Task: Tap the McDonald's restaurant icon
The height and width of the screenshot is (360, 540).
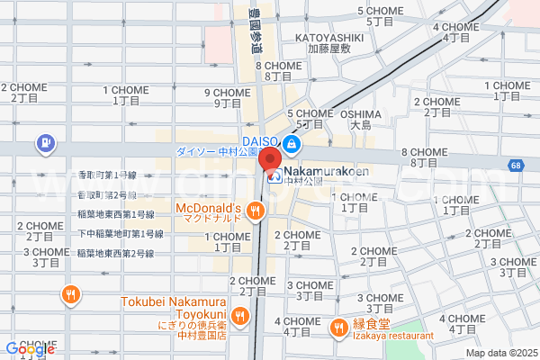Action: [256, 211]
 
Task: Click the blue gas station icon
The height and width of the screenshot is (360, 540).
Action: [43, 142]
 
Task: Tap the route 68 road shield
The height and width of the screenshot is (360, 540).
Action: [514, 166]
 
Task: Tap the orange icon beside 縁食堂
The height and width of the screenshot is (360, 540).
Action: [339, 327]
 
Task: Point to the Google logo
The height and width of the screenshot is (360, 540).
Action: [29, 348]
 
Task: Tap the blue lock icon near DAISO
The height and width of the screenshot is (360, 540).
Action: [292, 144]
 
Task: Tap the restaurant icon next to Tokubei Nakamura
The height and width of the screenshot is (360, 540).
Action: [238, 315]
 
